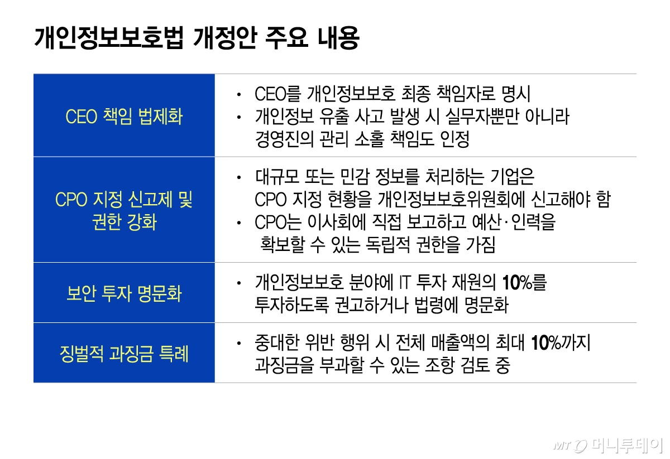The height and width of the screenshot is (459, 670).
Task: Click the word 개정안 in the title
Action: tap(225, 38)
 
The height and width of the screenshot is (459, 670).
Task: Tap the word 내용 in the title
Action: tap(338, 38)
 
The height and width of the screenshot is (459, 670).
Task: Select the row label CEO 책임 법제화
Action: tap(124, 116)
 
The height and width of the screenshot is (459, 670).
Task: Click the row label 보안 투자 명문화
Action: tap(124, 293)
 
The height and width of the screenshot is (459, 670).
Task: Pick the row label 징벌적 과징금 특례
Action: tap(124, 354)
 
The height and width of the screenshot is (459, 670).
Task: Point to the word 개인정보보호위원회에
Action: tap(451, 199)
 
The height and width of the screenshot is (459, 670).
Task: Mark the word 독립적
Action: tap(387, 245)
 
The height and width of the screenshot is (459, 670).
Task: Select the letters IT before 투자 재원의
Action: tap(405, 282)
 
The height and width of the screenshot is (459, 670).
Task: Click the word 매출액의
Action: tap(461, 343)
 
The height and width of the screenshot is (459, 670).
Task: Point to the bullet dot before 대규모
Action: tap(239, 177)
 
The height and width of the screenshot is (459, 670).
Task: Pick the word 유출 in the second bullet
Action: tap(334, 116)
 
